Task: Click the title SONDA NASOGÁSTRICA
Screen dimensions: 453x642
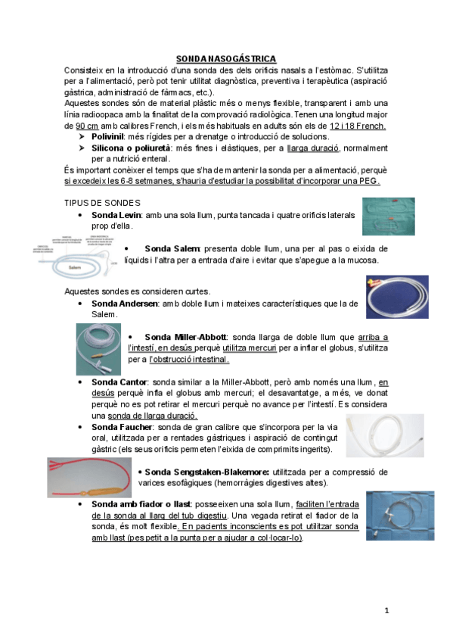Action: point(226,58)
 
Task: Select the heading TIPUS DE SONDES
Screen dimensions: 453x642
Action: point(102,202)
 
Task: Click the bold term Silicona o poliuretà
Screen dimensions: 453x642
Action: point(130,148)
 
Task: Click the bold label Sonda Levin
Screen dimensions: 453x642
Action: point(115,216)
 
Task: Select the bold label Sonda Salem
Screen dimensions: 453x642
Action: point(172,248)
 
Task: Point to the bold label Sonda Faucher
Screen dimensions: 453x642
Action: point(122,428)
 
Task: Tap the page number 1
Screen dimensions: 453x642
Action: point(386,609)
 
